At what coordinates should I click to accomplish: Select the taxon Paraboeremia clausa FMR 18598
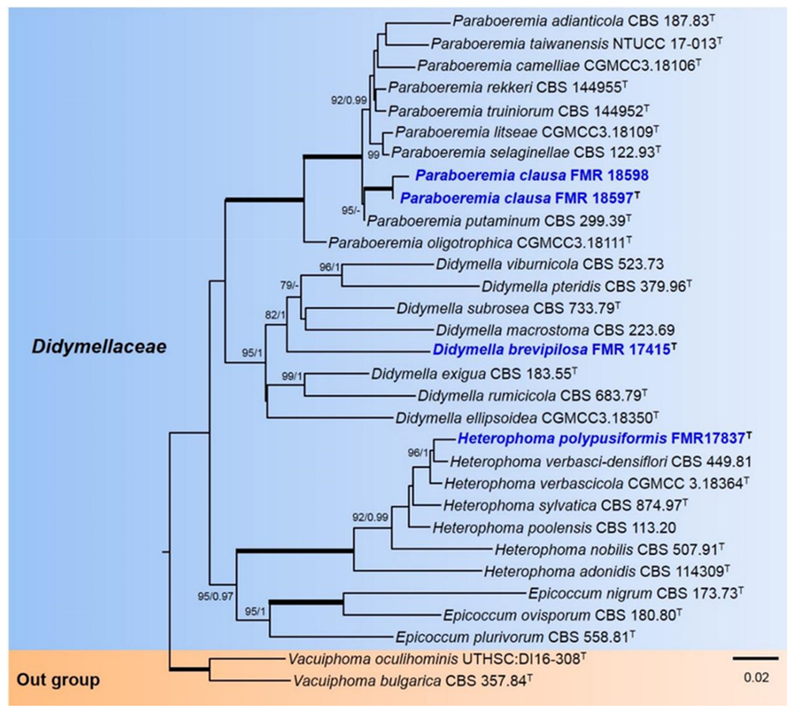point(532,175)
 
